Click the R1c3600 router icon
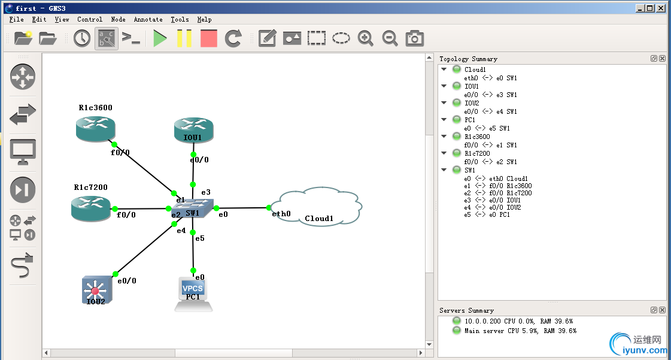click(95, 128)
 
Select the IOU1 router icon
click(193, 129)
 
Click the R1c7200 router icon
click(90, 208)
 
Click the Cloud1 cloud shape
click(316, 207)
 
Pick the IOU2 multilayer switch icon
click(95, 291)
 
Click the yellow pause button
click(184, 38)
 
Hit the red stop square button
click(208, 38)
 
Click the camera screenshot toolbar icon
click(414, 38)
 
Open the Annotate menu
click(148, 19)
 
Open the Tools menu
click(180, 19)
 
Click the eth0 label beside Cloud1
click(281, 214)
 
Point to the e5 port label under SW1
click(200, 238)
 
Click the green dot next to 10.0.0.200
click(457, 321)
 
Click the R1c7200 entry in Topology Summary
click(477, 153)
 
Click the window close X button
click(660, 8)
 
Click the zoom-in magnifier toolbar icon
click(365, 38)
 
